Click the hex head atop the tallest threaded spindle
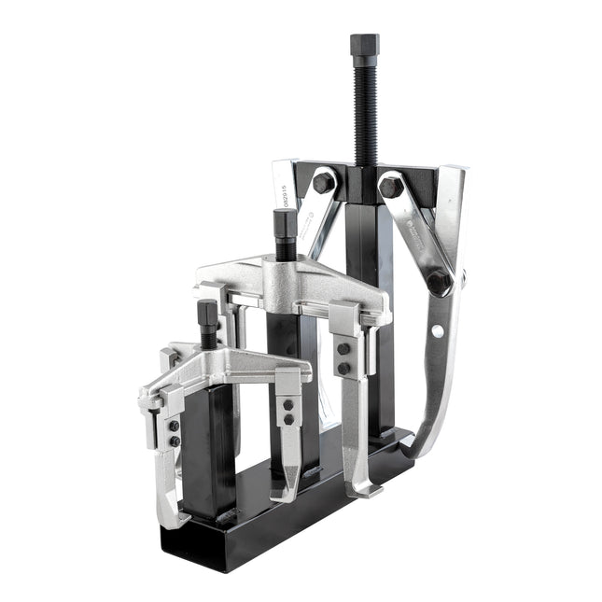364,45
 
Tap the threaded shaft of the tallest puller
364,112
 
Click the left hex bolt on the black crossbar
324,181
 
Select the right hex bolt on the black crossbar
390,186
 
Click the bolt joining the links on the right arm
439,281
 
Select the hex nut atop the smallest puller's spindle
208,312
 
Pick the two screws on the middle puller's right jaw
343,358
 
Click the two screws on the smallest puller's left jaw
174,432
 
